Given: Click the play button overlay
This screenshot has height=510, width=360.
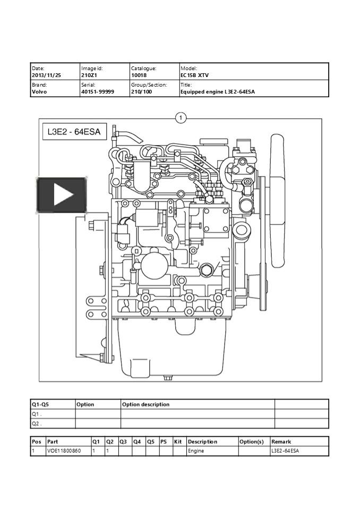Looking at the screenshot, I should click(x=62, y=195).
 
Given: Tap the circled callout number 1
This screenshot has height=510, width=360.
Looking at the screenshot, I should click(x=181, y=117).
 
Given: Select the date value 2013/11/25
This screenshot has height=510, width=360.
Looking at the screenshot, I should click(x=47, y=75).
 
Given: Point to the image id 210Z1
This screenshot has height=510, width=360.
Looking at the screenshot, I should click(x=89, y=75).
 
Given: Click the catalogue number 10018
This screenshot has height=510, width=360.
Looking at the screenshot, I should click(x=139, y=75).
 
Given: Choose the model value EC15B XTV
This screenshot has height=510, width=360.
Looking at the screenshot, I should click(x=195, y=75).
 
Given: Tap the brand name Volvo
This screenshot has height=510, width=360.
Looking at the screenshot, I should click(x=39, y=92).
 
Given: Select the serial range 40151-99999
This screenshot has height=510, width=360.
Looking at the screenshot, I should click(x=97, y=92).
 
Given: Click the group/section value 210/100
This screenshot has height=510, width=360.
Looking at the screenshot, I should click(x=142, y=92).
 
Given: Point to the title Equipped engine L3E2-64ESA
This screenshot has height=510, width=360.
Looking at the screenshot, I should click(x=218, y=92).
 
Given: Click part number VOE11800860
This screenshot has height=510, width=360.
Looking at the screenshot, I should click(x=64, y=451).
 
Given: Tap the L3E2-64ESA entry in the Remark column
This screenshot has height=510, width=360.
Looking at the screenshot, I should click(x=285, y=451).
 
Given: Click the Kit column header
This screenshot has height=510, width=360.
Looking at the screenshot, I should click(x=178, y=441).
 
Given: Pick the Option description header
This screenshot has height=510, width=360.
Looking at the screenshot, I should click(x=146, y=404).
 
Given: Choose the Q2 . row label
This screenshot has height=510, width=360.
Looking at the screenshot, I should click(x=37, y=423).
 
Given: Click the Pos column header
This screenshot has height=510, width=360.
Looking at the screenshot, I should click(x=36, y=441).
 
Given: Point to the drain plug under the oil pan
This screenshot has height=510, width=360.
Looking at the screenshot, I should click(x=168, y=378).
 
